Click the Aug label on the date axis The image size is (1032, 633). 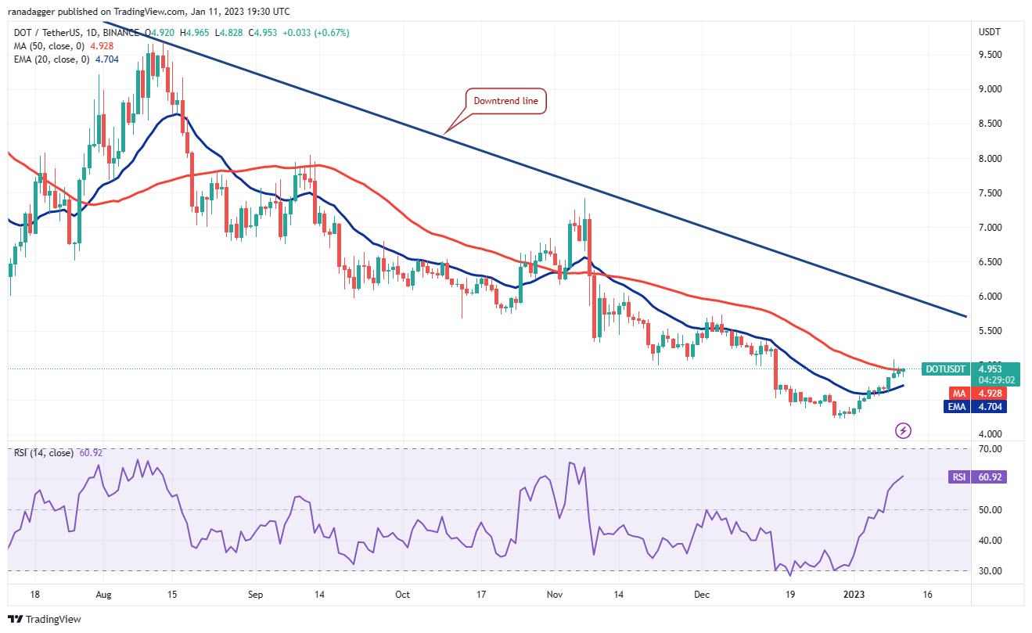tap(103, 595)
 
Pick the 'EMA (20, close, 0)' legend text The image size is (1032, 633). tap(51, 59)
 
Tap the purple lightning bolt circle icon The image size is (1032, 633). tap(904, 430)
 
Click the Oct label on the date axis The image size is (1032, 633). tap(402, 595)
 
